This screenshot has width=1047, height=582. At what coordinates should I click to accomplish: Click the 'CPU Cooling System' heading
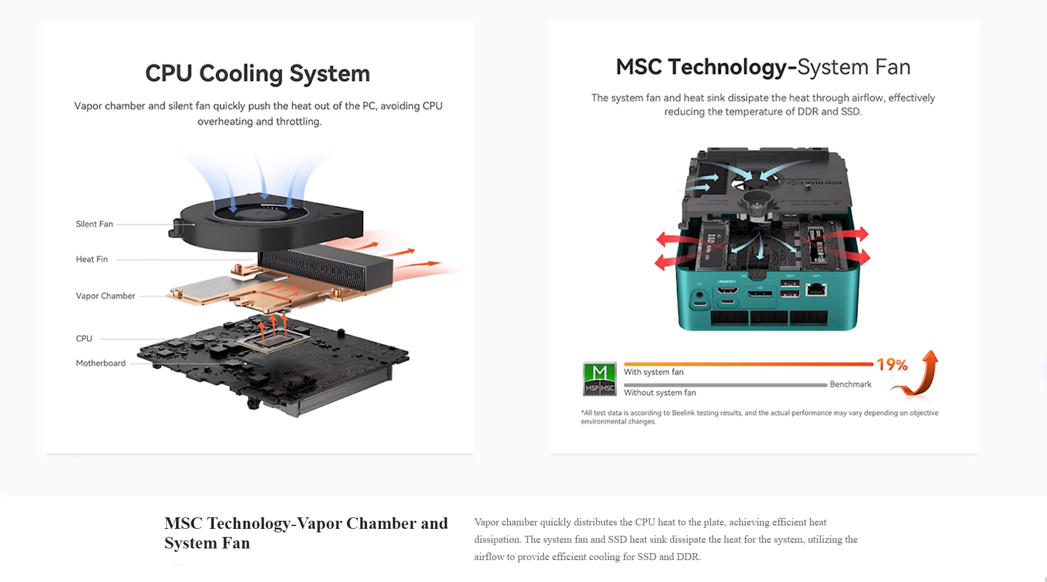(x=258, y=73)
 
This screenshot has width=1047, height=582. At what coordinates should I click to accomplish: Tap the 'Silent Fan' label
(x=94, y=224)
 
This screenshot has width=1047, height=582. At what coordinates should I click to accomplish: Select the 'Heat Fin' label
(x=92, y=259)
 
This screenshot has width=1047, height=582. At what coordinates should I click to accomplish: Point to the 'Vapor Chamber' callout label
(x=106, y=296)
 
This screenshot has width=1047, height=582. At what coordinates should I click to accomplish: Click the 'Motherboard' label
(x=100, y=363)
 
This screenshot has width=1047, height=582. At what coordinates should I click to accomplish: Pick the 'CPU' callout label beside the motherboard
(x=84, y=338)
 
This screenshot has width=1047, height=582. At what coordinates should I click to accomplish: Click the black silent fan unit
(x=266, y=222)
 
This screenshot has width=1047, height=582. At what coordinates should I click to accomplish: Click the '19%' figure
(x=892, y=364)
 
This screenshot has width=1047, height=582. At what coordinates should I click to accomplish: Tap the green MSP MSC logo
(x=599, y=379)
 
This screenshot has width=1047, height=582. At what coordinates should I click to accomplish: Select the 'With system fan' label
(x=653, y=372)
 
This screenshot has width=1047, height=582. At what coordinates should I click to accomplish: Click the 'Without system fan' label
(x=660, y=393)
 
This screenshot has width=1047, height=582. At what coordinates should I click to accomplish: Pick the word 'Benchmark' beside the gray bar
(x=850, y=385)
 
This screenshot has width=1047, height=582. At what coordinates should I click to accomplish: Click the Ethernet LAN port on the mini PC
(x=815, y=289)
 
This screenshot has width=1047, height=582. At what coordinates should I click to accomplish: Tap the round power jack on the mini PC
(x=700, y=297)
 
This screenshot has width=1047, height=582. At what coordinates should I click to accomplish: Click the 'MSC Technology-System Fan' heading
(x=763, y=67)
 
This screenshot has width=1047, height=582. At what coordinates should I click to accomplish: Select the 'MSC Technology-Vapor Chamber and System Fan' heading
(x=306, y=532)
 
